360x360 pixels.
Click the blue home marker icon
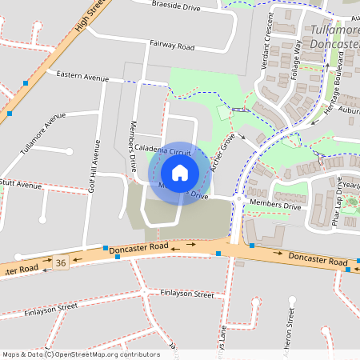(179, 172)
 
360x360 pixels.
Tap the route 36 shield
(62, 262)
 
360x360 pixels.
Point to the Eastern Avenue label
(82, 76)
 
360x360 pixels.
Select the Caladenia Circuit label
(163, 150)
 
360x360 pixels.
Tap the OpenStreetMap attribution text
(81, 354)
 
